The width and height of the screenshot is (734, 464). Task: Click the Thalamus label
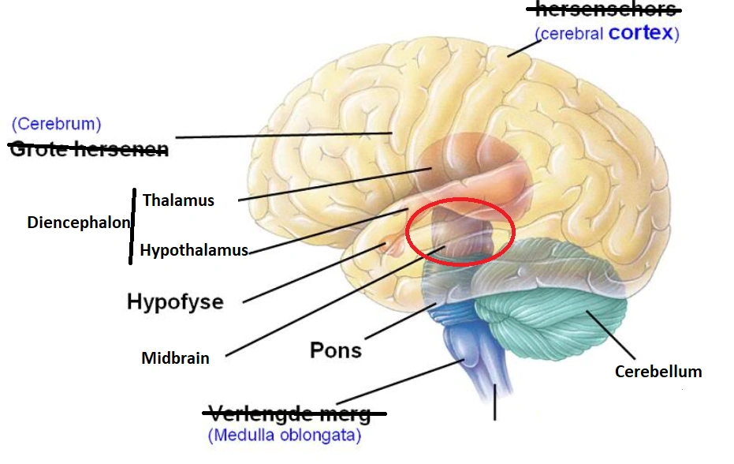click(178, 200)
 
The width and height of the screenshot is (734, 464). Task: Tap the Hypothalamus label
click(194, 250)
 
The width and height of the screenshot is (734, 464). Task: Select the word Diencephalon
click(78, 223)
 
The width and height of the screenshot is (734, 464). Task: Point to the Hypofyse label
click(175, 301)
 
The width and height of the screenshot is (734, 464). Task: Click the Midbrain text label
click(175, 358)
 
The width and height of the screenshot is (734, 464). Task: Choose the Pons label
click(336, 350)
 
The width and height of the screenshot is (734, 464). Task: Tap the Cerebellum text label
click(658, 371)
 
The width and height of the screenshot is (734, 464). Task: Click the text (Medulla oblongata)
click(285, 435)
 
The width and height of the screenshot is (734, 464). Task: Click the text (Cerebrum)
click(56, 124)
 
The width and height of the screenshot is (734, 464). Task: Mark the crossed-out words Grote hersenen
click(88, 148)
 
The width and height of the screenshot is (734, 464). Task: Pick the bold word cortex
click(640, 33)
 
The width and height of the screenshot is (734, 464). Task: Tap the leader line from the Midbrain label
click(331, 303)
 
